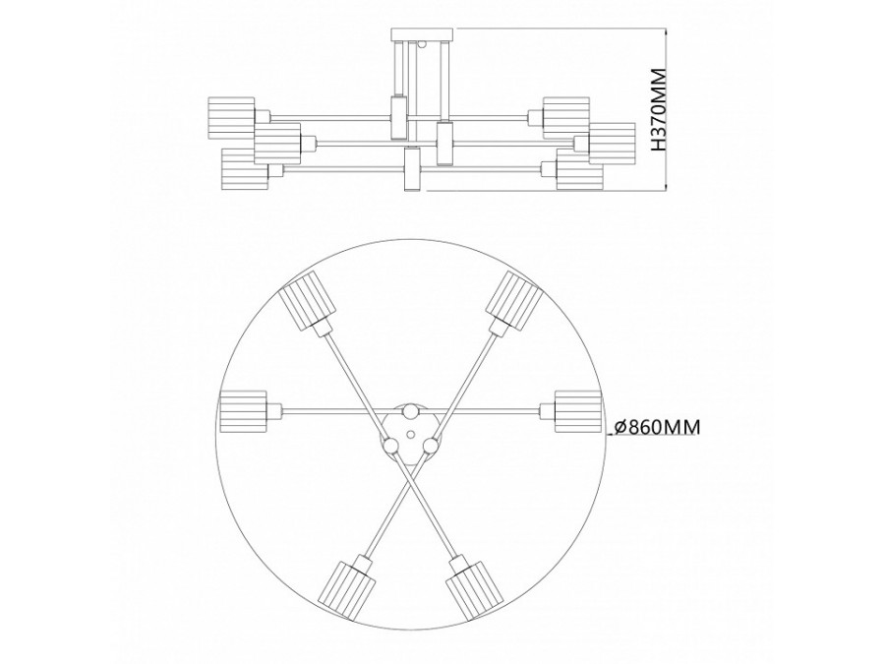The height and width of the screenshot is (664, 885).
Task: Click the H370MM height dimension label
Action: [659, 109]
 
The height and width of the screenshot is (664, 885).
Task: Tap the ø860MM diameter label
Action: [657, 427]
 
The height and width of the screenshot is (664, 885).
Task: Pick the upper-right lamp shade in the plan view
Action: [514, 300]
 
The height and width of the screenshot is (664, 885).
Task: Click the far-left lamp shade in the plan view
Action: [243, 411]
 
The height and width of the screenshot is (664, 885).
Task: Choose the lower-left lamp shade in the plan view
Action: [345, 587]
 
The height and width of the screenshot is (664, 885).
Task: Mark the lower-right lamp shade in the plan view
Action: [474, 587]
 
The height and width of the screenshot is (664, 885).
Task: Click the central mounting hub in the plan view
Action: [410, 433]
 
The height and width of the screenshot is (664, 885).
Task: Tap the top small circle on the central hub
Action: [411, 411]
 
